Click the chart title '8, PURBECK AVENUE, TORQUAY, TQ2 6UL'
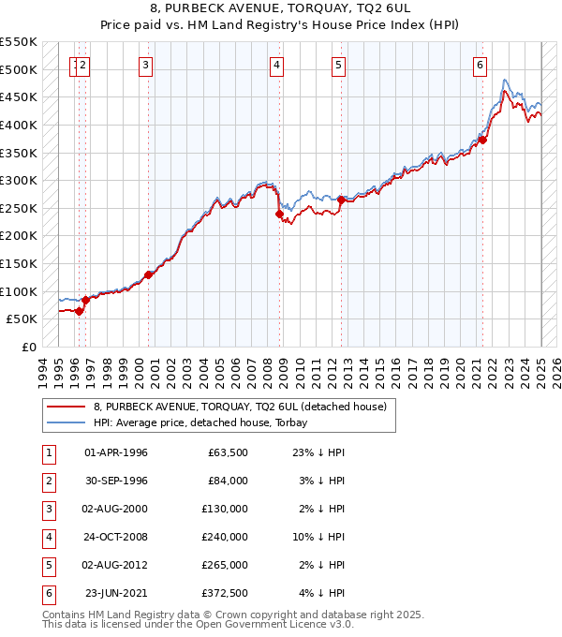280,10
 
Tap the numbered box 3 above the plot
147,65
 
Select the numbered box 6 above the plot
480,65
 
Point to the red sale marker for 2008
279,214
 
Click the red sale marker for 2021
483,141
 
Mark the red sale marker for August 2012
340,200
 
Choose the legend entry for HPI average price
205,422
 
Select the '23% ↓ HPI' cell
318,452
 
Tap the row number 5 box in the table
48,565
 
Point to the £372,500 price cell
224,593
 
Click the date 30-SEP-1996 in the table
116,481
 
